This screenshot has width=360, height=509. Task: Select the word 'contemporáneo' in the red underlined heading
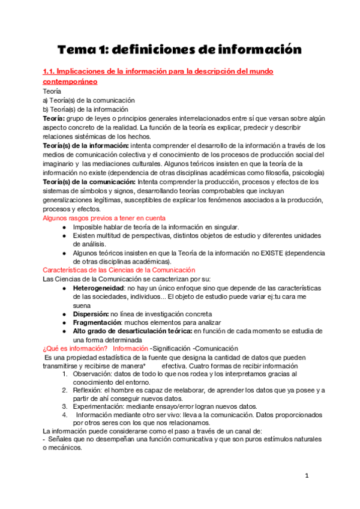pos(70,81)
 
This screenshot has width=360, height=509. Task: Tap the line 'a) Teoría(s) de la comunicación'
pos(88,100)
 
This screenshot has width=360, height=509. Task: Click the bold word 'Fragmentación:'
pos(98,322)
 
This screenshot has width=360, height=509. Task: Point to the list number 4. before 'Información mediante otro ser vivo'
pos(66,414)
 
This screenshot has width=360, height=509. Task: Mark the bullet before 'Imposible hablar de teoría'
pos(64,227)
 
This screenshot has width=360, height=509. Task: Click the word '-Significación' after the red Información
pos(175,349)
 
